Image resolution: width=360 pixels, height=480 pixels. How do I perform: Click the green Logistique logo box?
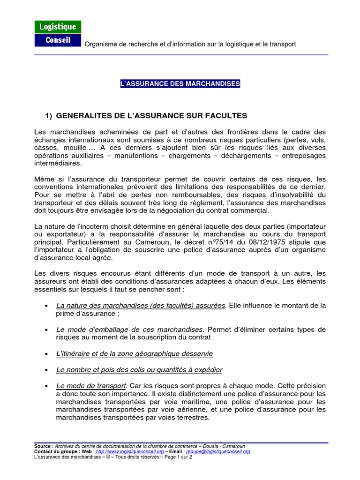tap(58, 27)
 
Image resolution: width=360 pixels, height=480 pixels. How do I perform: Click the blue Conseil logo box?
tap(58, 40)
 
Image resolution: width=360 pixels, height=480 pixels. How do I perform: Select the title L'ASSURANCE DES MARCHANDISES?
tap(180, 83)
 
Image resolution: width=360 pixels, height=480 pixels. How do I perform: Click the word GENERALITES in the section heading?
tap(82, 115)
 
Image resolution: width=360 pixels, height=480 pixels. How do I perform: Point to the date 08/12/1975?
tap(269, 243)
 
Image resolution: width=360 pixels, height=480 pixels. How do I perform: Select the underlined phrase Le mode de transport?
tap(91, 385)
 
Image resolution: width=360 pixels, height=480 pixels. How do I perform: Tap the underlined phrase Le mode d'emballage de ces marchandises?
tap(130, 329)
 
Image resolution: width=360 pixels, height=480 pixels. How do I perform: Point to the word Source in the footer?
tap(43, 446)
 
